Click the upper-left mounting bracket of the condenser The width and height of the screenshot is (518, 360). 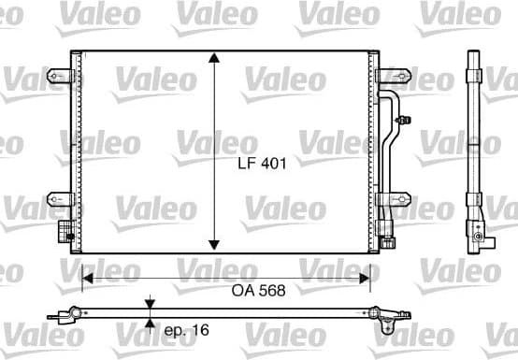[61, 76]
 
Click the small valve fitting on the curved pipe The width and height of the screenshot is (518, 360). [404, 119]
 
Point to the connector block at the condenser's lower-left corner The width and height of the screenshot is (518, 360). [65, 230]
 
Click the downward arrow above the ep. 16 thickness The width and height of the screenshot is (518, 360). [149, 303]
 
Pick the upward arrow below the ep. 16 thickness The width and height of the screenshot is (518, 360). [149, 324]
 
